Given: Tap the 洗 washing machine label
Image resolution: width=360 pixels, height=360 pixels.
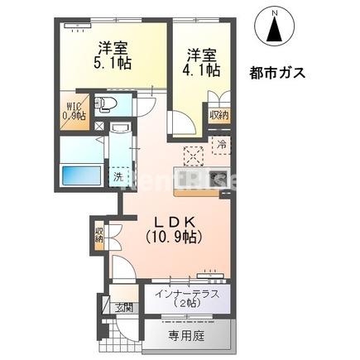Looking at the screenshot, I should (118, 176).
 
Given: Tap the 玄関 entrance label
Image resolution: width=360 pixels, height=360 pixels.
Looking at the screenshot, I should (122, 308).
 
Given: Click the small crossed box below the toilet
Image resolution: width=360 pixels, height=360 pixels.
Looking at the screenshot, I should (100, 127).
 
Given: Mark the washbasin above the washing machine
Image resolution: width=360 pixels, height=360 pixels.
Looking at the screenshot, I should (119, 135).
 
